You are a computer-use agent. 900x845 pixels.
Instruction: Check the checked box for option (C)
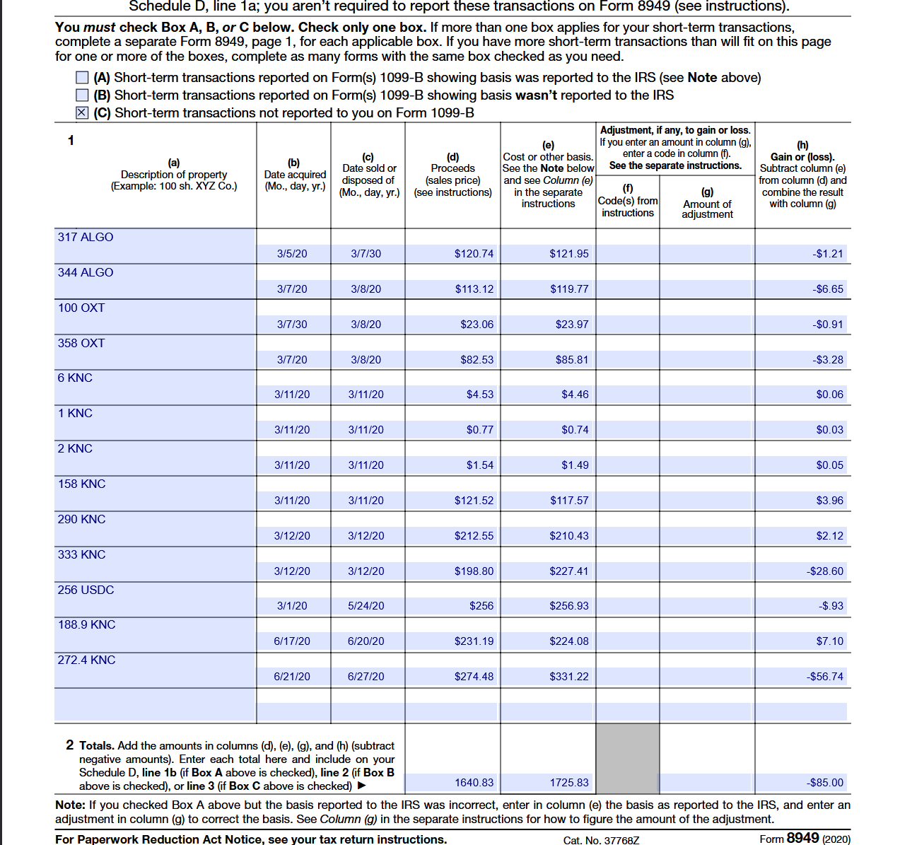82,113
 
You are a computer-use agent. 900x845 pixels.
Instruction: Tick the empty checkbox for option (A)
82,78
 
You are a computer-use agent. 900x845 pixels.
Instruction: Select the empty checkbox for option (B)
82,95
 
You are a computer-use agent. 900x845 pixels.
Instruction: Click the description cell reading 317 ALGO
86,238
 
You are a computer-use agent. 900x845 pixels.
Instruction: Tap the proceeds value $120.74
474,254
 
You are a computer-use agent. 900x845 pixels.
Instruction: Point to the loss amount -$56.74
825,677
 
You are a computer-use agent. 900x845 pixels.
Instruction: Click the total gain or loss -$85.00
825,783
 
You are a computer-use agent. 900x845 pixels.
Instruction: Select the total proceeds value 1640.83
474,783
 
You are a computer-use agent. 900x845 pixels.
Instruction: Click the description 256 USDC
86,590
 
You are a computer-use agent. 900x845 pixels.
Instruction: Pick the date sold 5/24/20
366,606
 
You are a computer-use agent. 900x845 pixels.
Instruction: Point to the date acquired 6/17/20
292,641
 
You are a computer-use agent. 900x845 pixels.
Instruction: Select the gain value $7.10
829,641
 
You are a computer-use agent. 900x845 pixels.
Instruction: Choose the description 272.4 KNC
86,660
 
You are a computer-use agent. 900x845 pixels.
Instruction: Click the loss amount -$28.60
825,571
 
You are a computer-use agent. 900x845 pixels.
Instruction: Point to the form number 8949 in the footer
802,838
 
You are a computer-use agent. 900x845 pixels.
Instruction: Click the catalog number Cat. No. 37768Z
601,840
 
